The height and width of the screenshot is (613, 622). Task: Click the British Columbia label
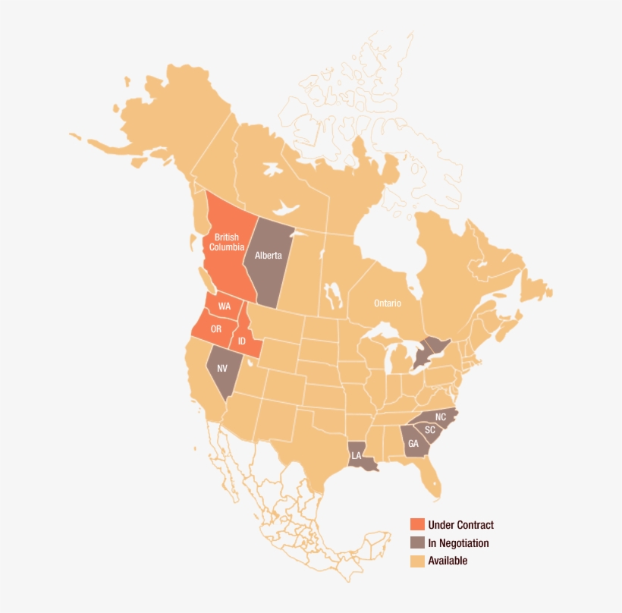click(226, 242)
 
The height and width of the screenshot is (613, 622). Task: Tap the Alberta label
click(268, 255)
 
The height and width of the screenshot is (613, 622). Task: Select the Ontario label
click(387, 303)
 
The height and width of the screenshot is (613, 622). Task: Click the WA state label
click(225, 306)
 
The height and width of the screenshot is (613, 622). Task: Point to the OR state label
click(216, 329)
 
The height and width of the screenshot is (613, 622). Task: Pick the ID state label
click(242, 341)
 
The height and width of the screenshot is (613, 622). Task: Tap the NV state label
click(222, 368)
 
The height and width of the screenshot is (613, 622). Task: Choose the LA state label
click(356, 456)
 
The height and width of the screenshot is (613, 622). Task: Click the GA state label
click(413, 444)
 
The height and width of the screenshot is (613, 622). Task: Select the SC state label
click(430, 430)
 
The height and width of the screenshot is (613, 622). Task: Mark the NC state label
click(441, 417)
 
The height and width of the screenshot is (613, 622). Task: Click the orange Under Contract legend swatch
click(417, 525)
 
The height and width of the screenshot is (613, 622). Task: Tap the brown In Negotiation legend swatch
click(417, 543)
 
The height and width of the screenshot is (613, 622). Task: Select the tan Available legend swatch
click(417, 561)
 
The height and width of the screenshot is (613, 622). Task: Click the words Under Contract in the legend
click(460, 525)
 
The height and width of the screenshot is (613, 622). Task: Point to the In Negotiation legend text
click(458, 543)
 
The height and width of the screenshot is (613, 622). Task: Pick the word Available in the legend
click(448, 561)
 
